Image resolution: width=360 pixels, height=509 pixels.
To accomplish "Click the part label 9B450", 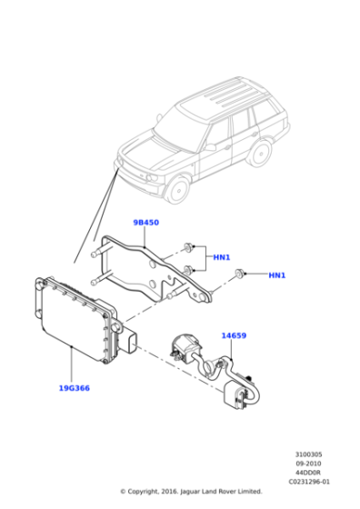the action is click(x=146, y=223).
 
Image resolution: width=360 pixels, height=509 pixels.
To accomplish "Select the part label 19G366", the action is click(x=74, y=388).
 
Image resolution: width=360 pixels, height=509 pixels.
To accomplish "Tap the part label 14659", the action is click(x=234, y=335).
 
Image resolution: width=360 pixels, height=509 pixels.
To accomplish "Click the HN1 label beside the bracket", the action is click(x=222, y=257).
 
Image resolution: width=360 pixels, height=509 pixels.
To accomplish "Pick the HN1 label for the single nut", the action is click(x=277, y=275).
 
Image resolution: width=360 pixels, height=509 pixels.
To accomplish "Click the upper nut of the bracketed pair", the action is click(x=188, y=247).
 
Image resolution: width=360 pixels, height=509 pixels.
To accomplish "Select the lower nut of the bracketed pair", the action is click(x=188, y=269).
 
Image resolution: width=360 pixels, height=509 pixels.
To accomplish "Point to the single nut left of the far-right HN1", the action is click(x=240, y=274).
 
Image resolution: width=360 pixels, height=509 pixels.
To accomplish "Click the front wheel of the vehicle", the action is click(x=178, y=190).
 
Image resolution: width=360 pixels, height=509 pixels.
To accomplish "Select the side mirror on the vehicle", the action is click(x=209, y=146).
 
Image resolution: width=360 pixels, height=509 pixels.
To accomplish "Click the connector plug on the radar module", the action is click(x=130, y=341).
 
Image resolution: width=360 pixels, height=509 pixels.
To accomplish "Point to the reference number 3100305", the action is click(x=308, y=454).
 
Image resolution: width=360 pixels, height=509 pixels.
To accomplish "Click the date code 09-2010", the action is click(x=308, y=464).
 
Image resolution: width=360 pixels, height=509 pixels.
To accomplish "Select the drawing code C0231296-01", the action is click(x=309, y=482).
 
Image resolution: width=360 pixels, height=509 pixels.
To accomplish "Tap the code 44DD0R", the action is click(x=308, y=473).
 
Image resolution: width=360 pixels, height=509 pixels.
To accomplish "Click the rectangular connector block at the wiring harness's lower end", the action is click(x=235, y=395).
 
